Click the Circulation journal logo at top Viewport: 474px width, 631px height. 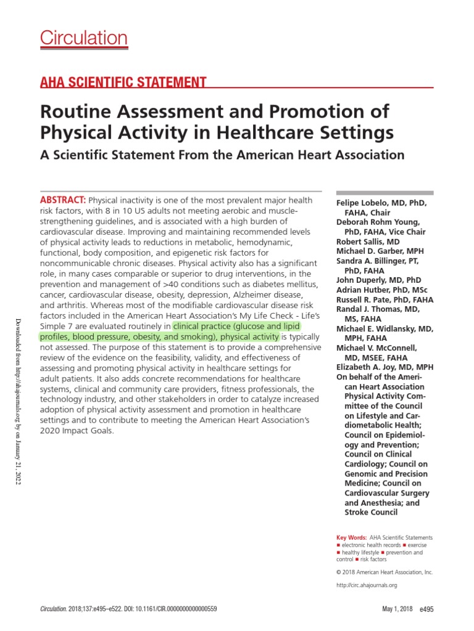click(84, 38)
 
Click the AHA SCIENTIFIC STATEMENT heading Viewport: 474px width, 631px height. click(123, 82)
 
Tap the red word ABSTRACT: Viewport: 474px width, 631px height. click(63, 201)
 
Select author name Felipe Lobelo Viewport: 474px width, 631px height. click(381, 203)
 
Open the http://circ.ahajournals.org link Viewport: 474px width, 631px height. click(367, 585)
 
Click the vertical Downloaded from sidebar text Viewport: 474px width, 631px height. click(18, 401)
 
